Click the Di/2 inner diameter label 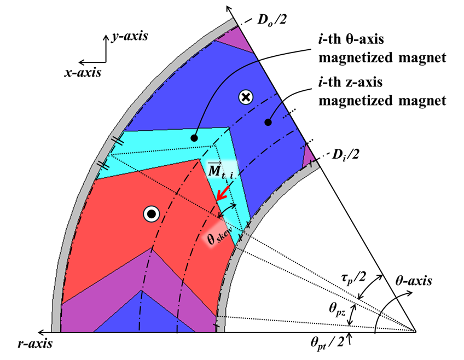tap(345, 155)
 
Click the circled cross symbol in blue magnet tap(246, 97)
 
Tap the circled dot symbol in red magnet tap(150, 214)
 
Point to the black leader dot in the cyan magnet tap(194, 138)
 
